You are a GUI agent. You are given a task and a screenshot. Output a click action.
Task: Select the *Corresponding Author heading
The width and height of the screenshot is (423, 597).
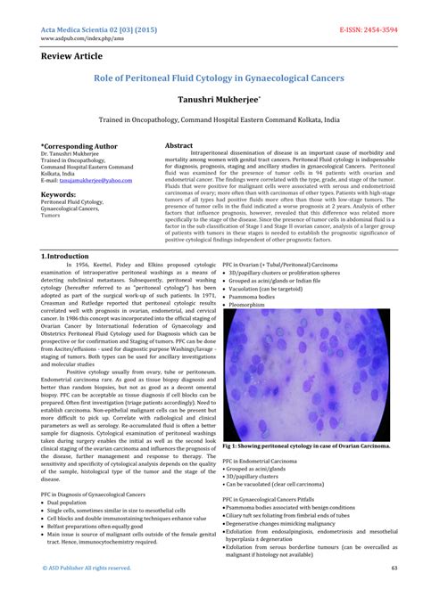tap(79, 144)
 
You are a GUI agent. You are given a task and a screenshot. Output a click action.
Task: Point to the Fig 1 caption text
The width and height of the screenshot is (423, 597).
tap(306, 445)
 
